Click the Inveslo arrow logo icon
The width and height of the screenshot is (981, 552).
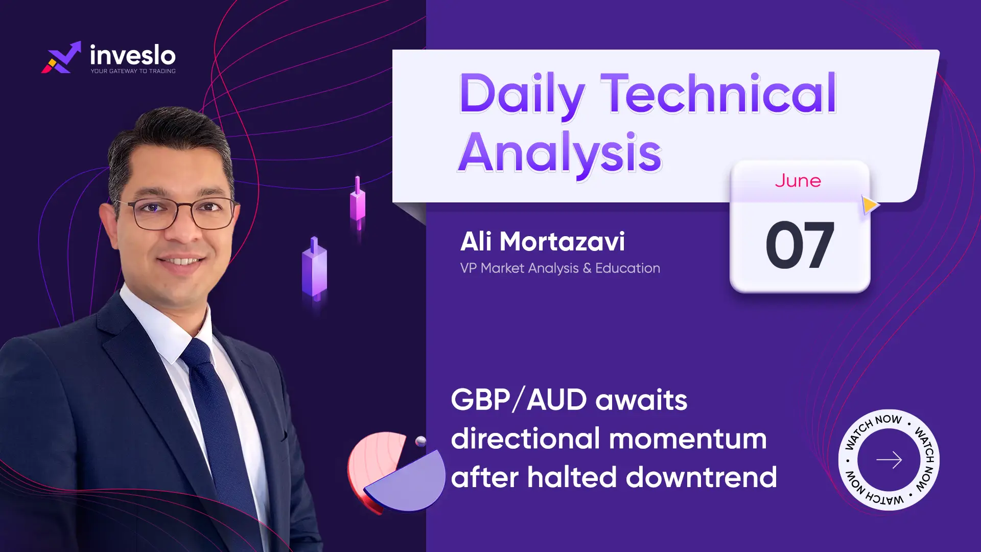pos(61,57)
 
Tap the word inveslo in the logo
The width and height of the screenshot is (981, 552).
pos(133,55)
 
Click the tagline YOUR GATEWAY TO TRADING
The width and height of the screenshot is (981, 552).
pos(133,71)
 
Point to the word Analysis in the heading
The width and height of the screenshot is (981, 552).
pos(560,153)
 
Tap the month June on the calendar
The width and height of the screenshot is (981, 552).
pos(798,181)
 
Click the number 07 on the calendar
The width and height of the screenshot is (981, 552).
pos(800,245)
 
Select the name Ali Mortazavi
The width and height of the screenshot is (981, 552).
pos(543,241)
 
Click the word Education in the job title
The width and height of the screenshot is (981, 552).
pos(627,268)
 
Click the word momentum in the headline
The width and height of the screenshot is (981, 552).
pos(688,439)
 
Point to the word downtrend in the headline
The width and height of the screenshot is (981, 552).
pos(702,477)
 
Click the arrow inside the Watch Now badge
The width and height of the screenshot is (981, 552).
pos(889,460)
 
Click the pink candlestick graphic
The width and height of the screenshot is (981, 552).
pos(358,203)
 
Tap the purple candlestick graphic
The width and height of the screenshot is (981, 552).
pos(315,268)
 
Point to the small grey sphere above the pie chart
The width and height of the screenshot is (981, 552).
pos(421,442)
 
